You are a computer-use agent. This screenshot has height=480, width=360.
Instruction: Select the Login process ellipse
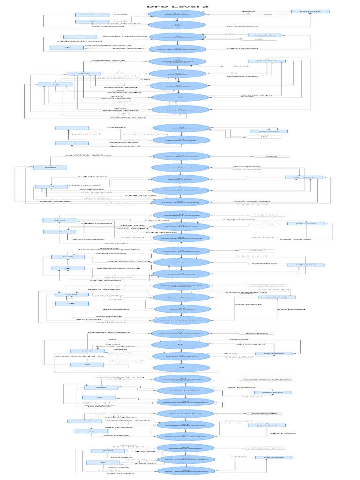tap(177, 25)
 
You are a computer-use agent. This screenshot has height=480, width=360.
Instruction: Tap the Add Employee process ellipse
tap(177, 85)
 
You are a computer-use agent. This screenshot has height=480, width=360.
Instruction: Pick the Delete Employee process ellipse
tap(177, 109)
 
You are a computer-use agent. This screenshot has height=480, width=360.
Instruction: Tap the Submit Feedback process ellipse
tap(185, 390)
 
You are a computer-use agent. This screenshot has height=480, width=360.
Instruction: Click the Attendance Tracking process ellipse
tap(180, 215)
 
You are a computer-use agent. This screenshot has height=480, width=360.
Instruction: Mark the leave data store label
tap(271, 156)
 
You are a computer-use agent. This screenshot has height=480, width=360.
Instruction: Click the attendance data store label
tap(268, 215)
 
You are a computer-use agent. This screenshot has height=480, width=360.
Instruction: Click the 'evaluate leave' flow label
tap(92, 176)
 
